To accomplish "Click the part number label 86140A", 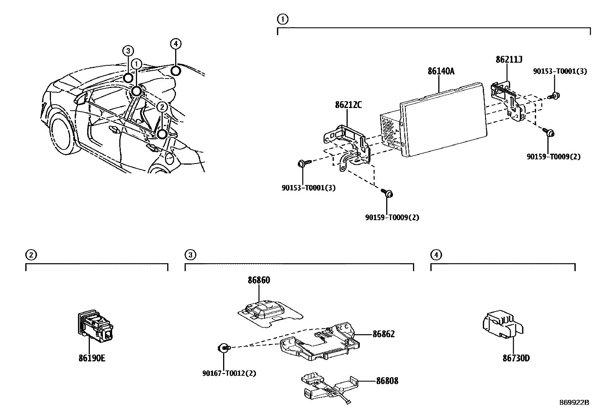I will (441, 71).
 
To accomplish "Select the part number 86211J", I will (509, 59).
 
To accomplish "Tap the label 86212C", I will (348, 105).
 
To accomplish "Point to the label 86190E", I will (92, 358).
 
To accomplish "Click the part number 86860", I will (259, 280).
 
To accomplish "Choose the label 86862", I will (384, 334).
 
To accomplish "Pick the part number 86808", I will (387, 381).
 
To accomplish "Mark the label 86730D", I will (516, 358).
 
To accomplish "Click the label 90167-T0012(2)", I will (229, 373).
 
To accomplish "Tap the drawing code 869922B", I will (574, 403).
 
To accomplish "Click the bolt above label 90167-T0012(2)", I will (224, 347).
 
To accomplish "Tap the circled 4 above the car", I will (176, 44).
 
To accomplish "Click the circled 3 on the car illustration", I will (128, 51).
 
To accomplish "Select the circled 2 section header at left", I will (31, 255).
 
